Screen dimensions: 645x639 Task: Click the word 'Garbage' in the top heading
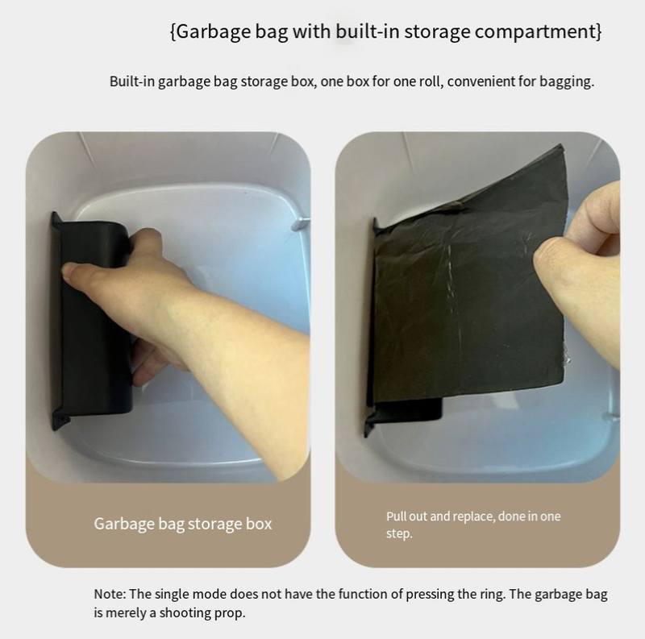[x=214, y=31]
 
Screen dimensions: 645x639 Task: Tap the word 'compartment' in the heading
[x=535, y=31]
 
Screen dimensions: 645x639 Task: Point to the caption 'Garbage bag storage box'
[x=183, y=524]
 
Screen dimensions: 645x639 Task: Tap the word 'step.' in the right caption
[x=399, y=533]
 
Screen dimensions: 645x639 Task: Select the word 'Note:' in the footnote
[x=110, y=594]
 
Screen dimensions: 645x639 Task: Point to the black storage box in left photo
[x=93, y=321]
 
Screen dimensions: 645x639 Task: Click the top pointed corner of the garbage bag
[x=561, y=145]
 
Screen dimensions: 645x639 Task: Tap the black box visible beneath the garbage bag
[x=407, y=411]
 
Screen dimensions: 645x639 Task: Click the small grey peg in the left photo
[x=301, y=223]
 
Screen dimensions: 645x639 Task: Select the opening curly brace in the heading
[x=173, y=31]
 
